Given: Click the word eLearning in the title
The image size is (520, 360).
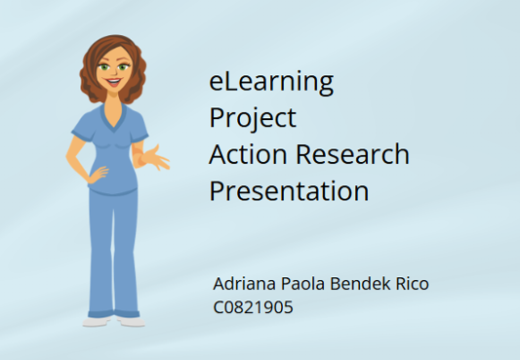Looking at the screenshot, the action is (x=271, y=82).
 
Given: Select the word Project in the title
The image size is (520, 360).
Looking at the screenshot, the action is (x=253, y=119).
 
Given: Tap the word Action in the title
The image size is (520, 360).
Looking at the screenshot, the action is (x=248, y=154).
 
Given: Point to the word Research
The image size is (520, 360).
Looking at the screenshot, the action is (x=352, y=154).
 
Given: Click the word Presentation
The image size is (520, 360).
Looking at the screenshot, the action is (x=289, y=190).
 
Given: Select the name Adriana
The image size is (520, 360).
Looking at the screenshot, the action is (x=245, y=284).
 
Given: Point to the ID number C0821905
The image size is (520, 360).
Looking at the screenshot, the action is (x=253, y=307).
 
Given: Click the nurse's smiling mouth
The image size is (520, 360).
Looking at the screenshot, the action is (x=113, y=82).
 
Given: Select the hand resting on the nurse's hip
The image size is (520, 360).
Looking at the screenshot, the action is (x=98, y=175).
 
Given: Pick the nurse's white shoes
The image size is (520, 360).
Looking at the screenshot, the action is (x=114, y=321).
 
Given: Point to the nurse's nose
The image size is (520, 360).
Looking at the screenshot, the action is (x=114, y=72).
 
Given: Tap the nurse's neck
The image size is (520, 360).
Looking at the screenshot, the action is (x=114, y=100).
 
